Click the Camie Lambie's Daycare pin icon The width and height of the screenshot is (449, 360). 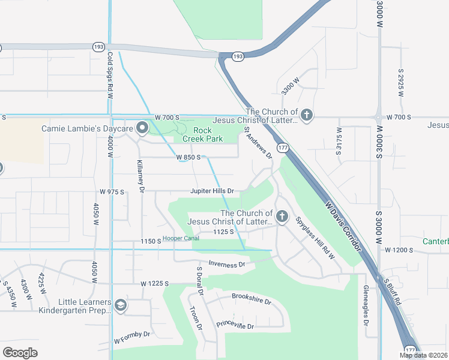pos(142,128)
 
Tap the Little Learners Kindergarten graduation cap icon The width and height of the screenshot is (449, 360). pos(121,306)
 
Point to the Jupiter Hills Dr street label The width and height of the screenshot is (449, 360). pos(212,191)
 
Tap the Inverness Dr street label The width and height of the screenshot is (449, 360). pos(227,263)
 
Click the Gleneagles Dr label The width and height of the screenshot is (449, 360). pos(366,305)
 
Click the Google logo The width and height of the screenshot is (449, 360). pos(20,353)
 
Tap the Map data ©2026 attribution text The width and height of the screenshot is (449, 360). pos(424,355)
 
